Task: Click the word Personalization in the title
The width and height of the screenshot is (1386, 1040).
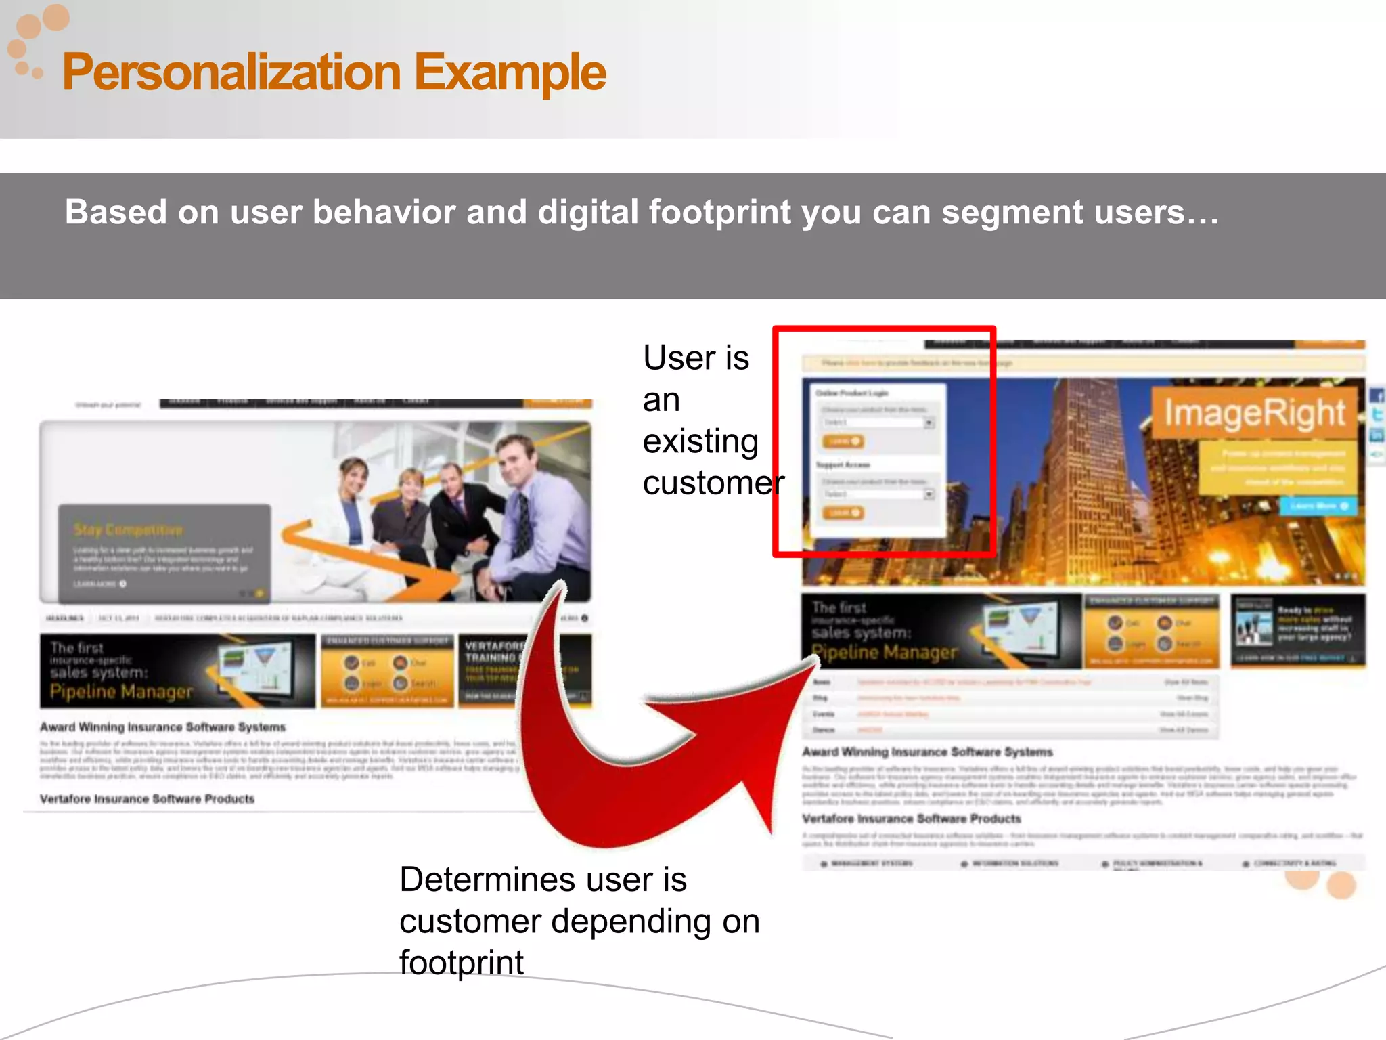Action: point(231,73)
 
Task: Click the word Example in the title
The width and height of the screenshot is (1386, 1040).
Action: point(510,73)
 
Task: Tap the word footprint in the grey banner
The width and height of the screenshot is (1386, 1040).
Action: point(719,213)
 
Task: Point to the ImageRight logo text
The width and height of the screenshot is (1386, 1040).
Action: point(1254,413)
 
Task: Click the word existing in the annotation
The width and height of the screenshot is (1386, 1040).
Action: point(700,442)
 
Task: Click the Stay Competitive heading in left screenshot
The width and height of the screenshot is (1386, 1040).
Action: point(128,529)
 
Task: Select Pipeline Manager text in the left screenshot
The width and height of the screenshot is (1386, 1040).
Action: point(121,691)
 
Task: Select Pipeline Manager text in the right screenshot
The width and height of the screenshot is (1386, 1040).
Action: point(884,652)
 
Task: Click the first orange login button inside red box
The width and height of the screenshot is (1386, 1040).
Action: point(843,441)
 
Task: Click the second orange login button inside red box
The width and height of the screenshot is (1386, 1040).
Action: point(843,513)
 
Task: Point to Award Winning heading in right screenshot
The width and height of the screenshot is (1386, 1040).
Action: point(927,752)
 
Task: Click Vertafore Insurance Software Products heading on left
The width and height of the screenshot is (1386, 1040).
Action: point(147,799)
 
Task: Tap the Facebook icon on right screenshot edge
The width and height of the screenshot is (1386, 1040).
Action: point(1377,396)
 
